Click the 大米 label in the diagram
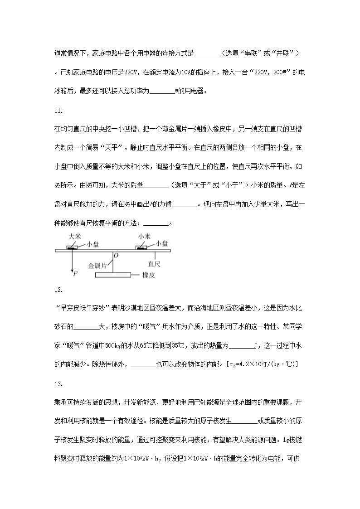point(75,237)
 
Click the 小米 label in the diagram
point(144,236)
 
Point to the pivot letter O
point(116,256)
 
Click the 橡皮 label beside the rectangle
point(149,275)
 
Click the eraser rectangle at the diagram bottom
point(113,275)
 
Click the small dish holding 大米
point(72,247)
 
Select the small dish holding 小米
point(142,247)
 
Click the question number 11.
point(58,111)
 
